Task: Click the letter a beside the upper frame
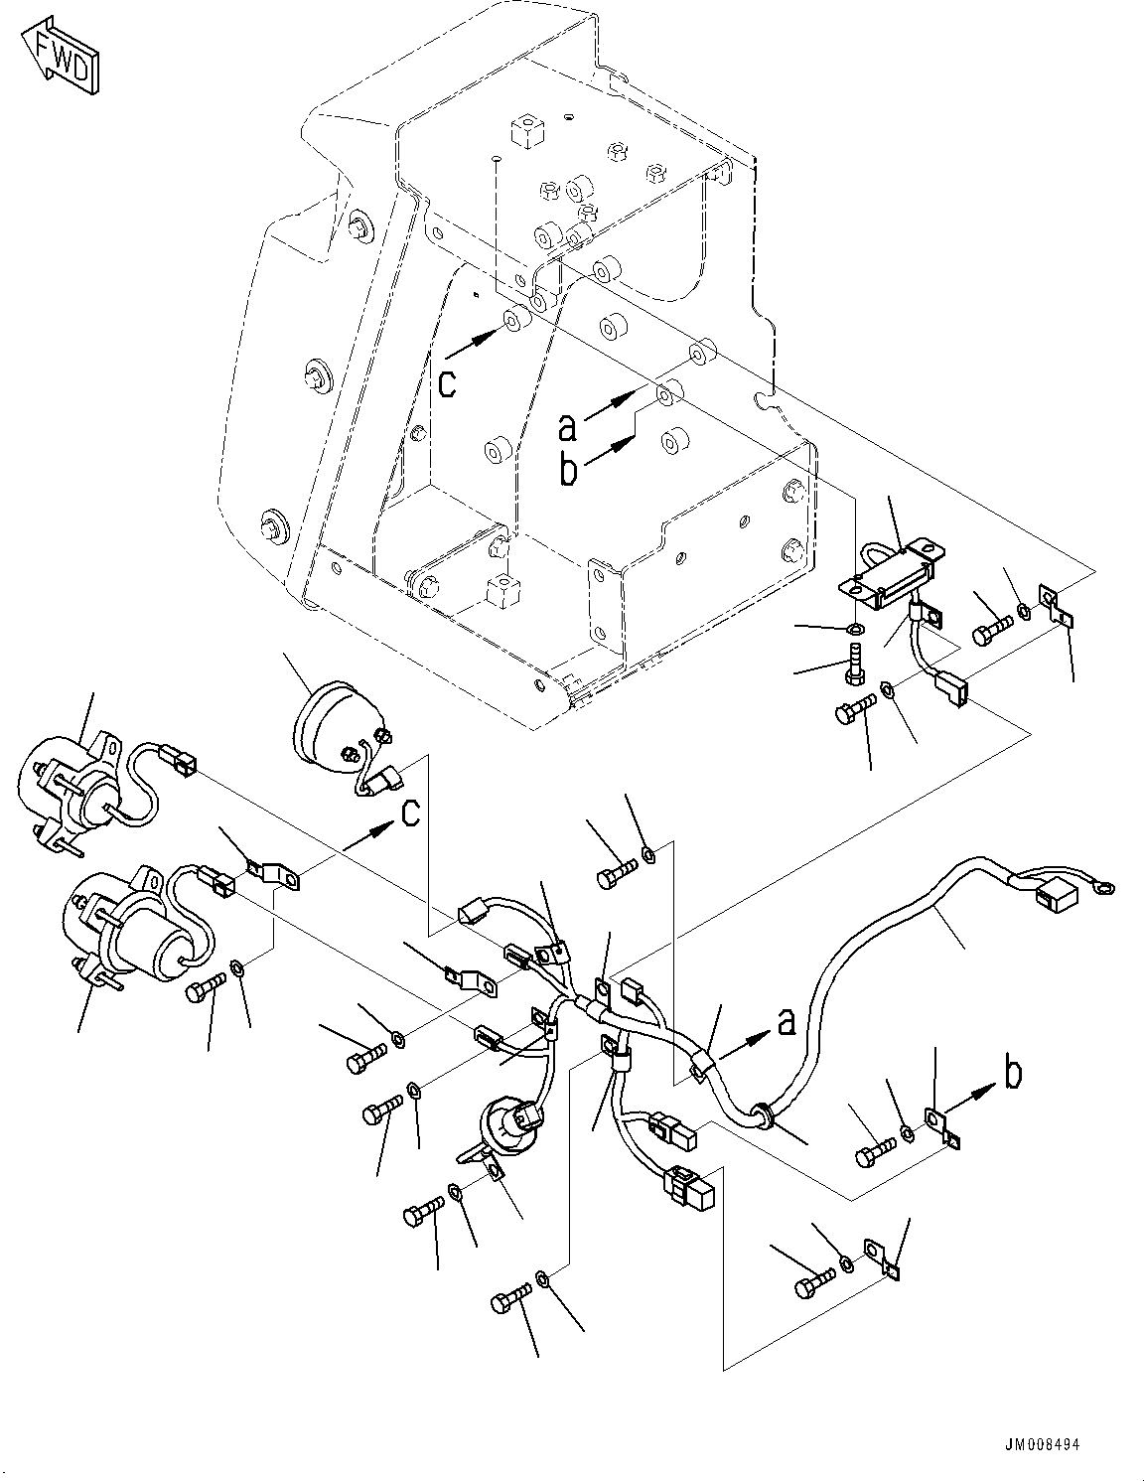point(567,426)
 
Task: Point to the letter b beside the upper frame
point(568,469)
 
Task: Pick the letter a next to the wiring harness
point(786,1021)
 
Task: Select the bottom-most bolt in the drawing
point(506,1301)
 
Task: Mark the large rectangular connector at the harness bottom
point(691,1188)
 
